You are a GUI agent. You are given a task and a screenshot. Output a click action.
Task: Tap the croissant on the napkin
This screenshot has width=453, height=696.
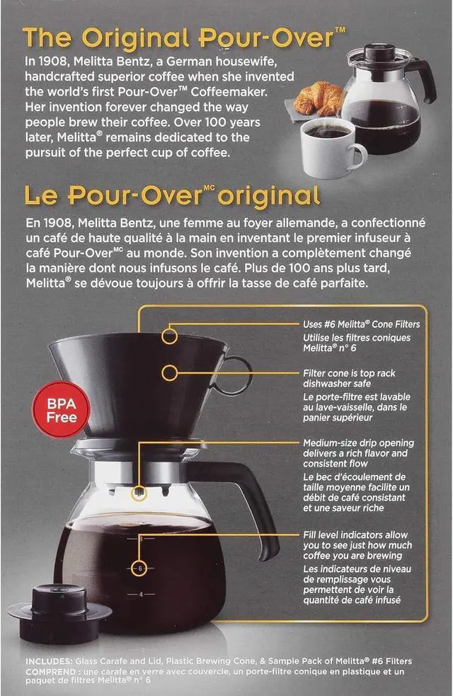click(x=318, y=100)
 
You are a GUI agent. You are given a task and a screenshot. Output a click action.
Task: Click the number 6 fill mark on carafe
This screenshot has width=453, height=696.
click(x=140, y=568)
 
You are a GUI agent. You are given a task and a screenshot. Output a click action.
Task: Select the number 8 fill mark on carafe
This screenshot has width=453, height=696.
click(x=141, y=540)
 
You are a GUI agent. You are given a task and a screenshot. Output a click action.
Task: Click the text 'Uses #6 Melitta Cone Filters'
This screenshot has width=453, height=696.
click(x=361, y=324)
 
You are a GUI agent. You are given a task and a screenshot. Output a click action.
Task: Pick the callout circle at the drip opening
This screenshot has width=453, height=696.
click(x=140, y=491)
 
